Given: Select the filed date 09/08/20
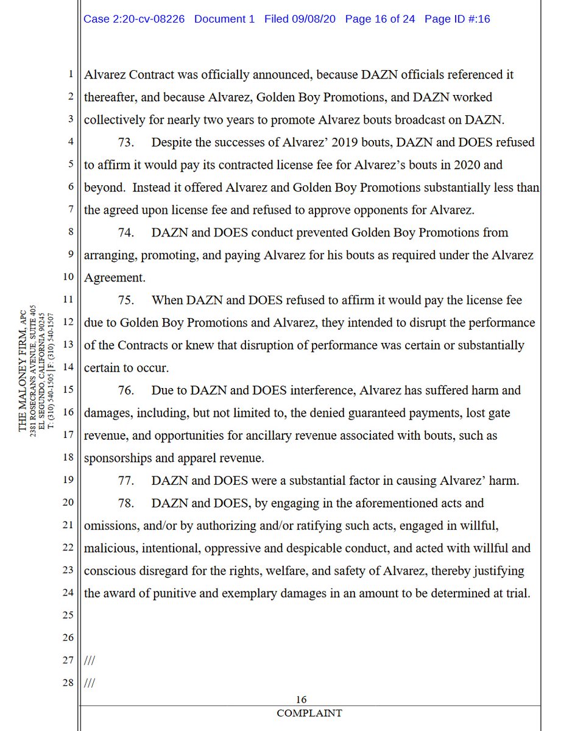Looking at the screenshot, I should coord(315,19).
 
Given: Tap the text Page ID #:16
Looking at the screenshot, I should coord(457,19).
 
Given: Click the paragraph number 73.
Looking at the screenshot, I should coord(126,143).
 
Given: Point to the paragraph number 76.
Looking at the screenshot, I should coord(126,390).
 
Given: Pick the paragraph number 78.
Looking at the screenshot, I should coord(126,503).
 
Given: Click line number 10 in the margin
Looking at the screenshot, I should coord(68,278).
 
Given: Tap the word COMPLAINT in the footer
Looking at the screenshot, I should coord(309,713).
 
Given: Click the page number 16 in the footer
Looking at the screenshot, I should coord(301,700).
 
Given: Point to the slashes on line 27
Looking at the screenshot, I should coord(89,660).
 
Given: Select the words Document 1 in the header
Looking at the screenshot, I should coord(225,19).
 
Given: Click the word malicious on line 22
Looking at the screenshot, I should coord(110,548).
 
